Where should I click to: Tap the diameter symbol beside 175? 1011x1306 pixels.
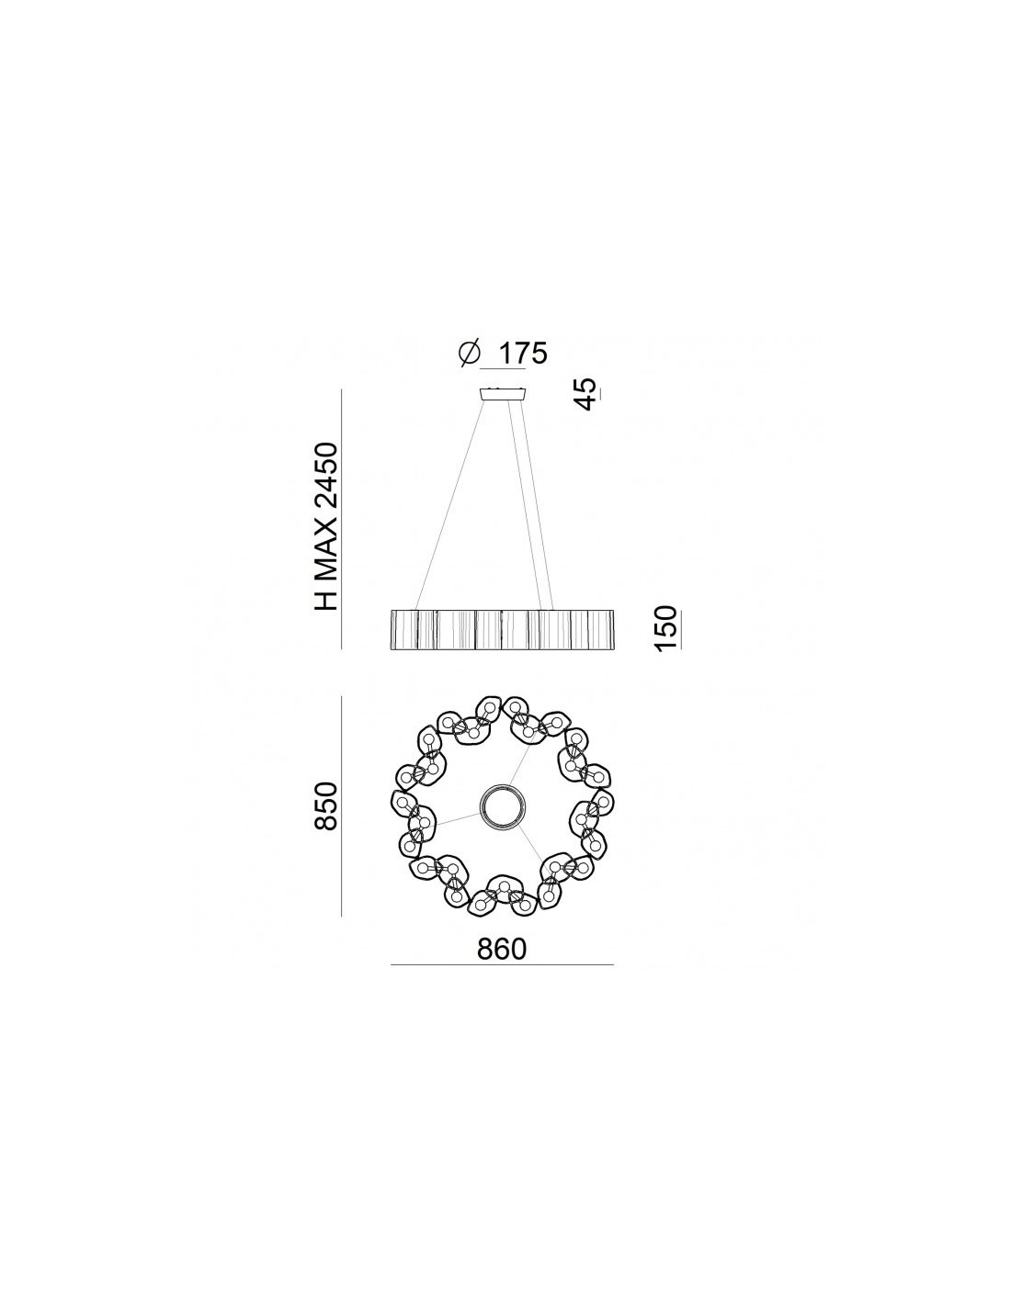[469, 353]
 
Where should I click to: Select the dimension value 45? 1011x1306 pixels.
[585, 394]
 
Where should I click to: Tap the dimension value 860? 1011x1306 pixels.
[502, 949]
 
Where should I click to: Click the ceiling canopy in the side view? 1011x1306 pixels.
[502, 394]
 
